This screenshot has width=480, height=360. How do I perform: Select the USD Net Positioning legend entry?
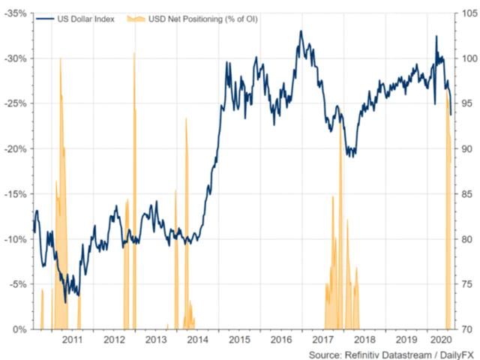pyautogui.click(x=190, y=18)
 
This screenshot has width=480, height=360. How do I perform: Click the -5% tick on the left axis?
pyautogui.click(x=17, y=284)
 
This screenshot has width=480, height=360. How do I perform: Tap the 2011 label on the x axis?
pyautogui.click(x=72, y=340)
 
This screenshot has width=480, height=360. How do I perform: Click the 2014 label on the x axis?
pyautogui.click(x=197, y=340)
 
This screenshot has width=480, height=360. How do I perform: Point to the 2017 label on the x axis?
pyautogui.click(x=322, y=340)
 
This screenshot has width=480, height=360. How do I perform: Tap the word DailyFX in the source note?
pyautogui.click(x=439, y=352)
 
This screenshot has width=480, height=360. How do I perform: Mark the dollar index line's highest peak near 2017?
pyautogui.click(x=301, y=31)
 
